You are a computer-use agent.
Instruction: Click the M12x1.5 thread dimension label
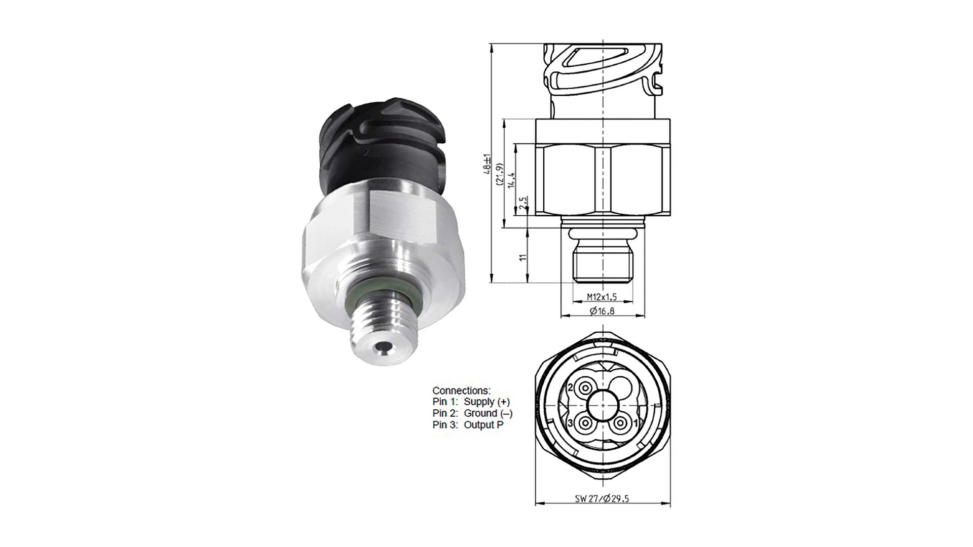click(602, 297)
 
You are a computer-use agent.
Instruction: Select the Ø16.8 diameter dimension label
click(602, 310)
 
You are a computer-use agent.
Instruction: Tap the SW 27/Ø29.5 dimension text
click(602, 498)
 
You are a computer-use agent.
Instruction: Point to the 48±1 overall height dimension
click(487, 164)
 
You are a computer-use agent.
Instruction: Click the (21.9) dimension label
click(499, 175)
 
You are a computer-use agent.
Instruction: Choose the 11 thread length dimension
click(523, 257)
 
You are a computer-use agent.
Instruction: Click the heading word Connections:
click(461, 390)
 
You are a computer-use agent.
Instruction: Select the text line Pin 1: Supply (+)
click(471, 402)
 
